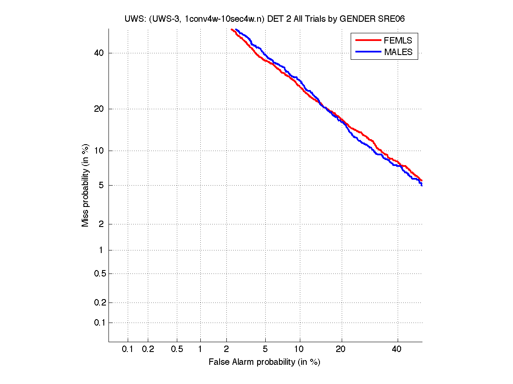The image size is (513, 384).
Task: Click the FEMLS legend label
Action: tap(398, 41)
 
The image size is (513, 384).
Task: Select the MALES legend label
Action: tap(398, 52)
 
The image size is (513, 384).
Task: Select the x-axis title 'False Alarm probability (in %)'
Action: tap(264, 362)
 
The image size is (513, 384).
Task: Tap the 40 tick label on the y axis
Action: tap(99, 53)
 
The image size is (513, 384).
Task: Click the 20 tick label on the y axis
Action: tap(99, 109)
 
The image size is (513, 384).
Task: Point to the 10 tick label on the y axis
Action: tap(99, 151)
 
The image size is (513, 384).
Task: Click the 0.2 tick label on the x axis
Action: tap(148, 349)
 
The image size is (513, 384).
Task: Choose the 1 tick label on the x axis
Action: tap(200, 349)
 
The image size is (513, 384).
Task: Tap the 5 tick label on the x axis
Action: tap(265, 349)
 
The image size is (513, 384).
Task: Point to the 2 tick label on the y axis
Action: tap(101, 224)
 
